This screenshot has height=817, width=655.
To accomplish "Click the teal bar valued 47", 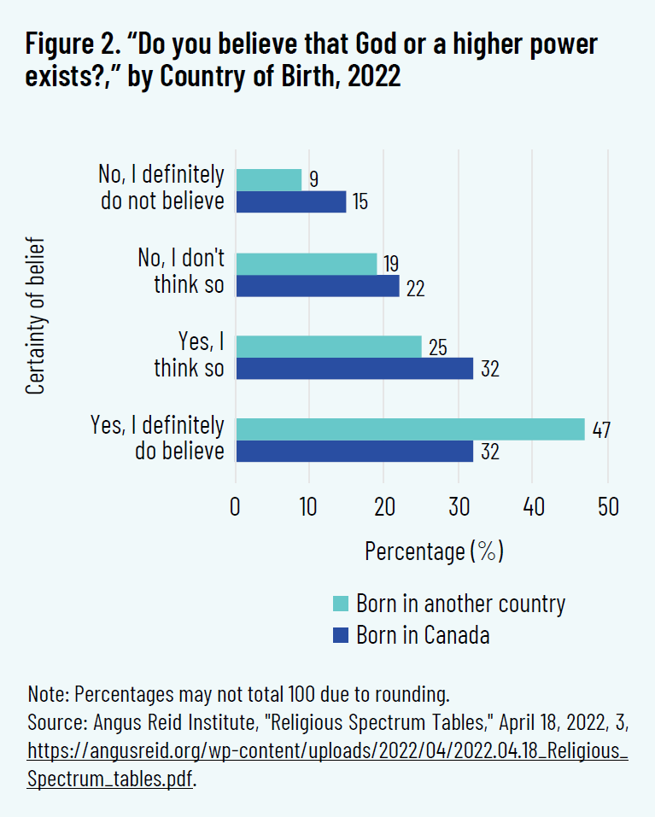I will (410, 429).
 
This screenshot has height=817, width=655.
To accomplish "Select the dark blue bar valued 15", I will (291, 201).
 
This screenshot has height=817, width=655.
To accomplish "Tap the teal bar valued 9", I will (269, 179).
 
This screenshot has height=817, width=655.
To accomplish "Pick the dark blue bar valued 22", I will (317, 285).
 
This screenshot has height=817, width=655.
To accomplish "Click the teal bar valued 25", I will (329, 346).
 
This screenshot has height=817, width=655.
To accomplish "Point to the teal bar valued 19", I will (306, 263).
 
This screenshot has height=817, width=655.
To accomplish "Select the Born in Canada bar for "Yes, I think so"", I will (354, 368).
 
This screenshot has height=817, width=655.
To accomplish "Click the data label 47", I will (601, 429).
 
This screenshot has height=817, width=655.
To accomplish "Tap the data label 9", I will (315, 179).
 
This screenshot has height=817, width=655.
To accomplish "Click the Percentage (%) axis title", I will (433, 551).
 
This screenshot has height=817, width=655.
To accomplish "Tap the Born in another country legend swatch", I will (340, 604).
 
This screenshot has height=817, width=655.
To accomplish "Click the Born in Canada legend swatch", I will (340, 635).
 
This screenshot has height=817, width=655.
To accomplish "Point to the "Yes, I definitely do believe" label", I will (158, 438).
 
